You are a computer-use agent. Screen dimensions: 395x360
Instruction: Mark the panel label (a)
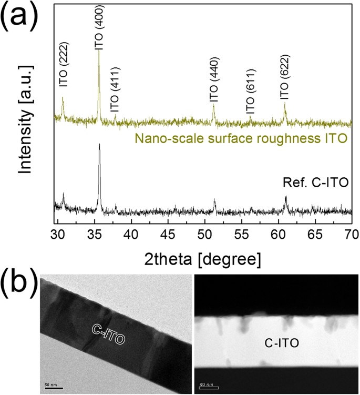20,19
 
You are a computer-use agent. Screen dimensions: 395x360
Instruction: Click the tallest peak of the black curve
99,145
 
